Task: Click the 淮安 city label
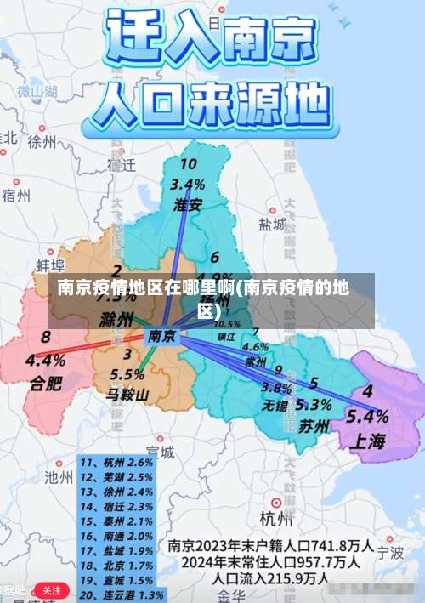[188, 204]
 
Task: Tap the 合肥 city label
[46, 383]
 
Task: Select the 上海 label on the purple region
[366, 441]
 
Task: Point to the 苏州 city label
[314, 426]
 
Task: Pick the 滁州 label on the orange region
[116, 321]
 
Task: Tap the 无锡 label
[275, 404]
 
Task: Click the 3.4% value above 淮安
[188, 183]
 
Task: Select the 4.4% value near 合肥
[45, 360]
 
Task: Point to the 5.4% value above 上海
[368, 417]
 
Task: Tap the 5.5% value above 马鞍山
[127, 374]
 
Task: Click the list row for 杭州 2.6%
[116, 462]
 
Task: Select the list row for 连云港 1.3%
[122, 594]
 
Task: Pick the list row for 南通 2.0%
[116, 536]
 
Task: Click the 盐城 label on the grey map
[272, 224]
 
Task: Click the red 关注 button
[51, 589]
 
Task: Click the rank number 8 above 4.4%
[45, 338]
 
